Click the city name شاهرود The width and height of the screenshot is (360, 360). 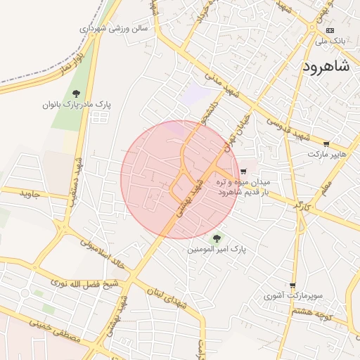coord(326,67)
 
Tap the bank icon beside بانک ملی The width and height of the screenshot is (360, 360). coord(330,30)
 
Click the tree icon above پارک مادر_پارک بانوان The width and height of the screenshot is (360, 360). coord(76,94)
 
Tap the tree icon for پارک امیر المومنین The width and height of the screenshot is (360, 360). coord(216,238)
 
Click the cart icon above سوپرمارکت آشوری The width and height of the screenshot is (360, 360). coord(292,285)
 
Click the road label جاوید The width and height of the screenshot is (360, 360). coord(32,193)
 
